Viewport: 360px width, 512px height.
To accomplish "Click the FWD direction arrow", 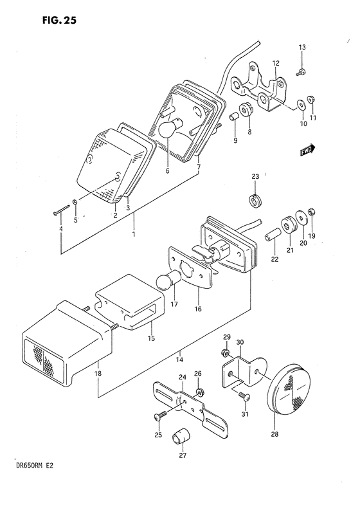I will click(306, 150).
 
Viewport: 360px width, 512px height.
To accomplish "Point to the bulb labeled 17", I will click(168, 281).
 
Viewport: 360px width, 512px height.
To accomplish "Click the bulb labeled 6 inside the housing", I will click(168, 129).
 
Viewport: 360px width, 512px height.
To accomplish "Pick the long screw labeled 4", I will click(60, 209).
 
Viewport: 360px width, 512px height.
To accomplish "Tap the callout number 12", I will click(275, 63).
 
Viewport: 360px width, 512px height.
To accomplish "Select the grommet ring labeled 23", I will click(255, 200).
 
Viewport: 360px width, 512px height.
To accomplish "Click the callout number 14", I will click(181, 360).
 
